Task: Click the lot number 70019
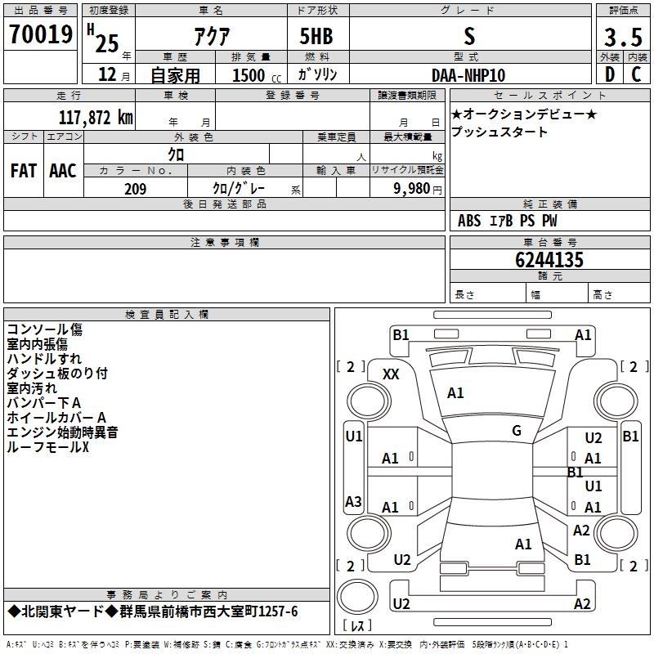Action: coord(41,34)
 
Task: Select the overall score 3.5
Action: coord(623,37)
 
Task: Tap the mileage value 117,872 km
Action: coord(96,117)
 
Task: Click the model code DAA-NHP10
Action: coord(468,75)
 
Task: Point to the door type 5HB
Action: coord(316,36)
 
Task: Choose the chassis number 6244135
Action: coord(549,259)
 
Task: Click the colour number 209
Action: coord(136,189)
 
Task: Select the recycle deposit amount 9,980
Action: coord(412,189)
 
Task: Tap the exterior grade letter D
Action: coord(610,74)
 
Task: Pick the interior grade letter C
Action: coord(636,74)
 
